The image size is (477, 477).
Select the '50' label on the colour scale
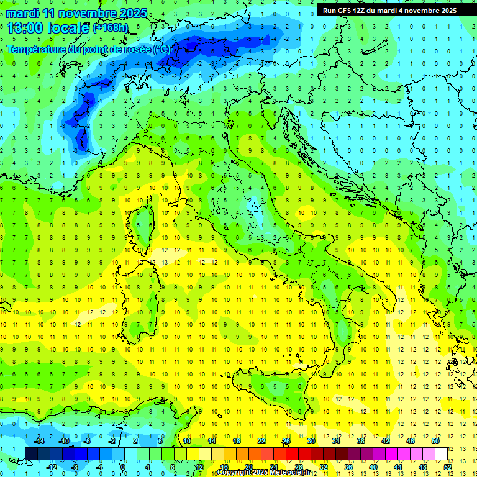click(435, 441)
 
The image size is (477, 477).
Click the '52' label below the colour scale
click(447, 466)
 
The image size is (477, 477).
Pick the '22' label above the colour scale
click(261, 441)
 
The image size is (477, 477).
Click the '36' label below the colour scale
click(348, 466)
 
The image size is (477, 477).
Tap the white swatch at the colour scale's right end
click(441, 453)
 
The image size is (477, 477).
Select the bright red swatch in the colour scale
click(292, 453)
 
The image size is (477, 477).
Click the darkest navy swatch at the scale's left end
click(31, 453)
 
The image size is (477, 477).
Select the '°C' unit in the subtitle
click(161, 49)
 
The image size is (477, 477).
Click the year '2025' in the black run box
click(446, 10)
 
